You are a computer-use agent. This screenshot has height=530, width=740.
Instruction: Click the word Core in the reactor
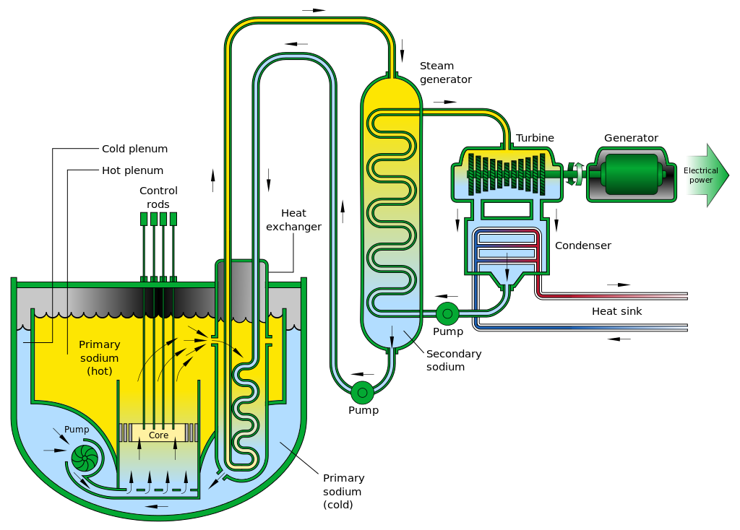[158, 435]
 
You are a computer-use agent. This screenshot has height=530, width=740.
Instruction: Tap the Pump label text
[77, 430]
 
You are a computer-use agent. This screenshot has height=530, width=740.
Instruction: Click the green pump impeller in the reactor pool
[85, 458]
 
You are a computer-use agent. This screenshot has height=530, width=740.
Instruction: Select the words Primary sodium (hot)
[99, 357]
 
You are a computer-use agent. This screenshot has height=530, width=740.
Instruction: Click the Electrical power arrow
[705, 175]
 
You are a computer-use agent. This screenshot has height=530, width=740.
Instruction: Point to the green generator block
[632, 174]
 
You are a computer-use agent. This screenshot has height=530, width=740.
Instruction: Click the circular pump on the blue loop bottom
[363, 392]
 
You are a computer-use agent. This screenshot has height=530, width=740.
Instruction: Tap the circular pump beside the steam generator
[447, 313]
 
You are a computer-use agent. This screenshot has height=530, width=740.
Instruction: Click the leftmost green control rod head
[144, 219]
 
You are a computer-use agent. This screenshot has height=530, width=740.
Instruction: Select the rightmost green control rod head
[173, 219]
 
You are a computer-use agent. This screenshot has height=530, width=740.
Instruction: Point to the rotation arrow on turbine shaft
[575, 174]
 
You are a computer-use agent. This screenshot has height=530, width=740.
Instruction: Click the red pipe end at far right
[687, 295]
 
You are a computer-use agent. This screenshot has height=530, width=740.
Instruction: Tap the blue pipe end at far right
[687, 328]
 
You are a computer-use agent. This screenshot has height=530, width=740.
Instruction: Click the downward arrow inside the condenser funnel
[507, 274]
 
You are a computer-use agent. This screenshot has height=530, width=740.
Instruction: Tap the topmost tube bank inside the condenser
[507, 238]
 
